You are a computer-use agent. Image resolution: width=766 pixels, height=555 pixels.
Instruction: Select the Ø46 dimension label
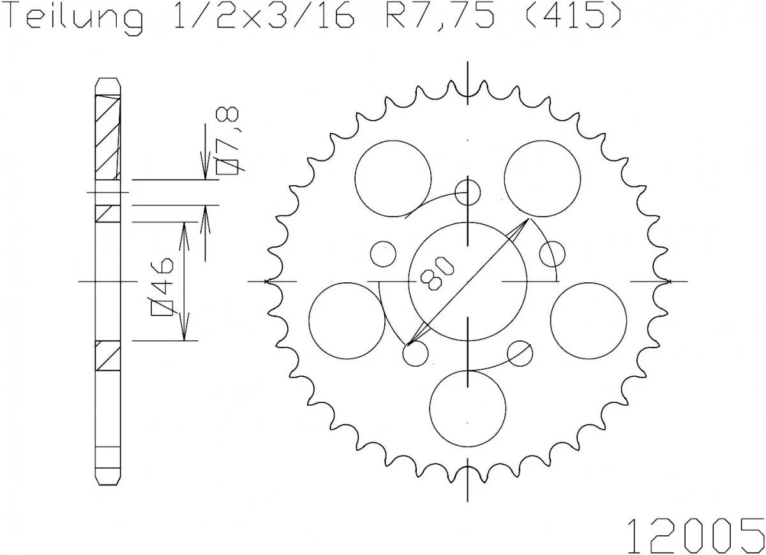click(163, 287)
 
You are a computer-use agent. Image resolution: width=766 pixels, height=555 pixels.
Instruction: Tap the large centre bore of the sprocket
click(468, 281)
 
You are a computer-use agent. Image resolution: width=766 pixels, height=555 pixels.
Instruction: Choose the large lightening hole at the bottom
click(468, 407)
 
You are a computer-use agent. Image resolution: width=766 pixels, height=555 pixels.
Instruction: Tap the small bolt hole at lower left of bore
click(415, 354)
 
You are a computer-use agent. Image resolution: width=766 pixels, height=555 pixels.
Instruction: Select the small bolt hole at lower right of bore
click(520, 353)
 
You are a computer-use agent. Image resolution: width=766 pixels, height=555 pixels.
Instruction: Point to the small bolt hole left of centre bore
click(383, 254)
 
